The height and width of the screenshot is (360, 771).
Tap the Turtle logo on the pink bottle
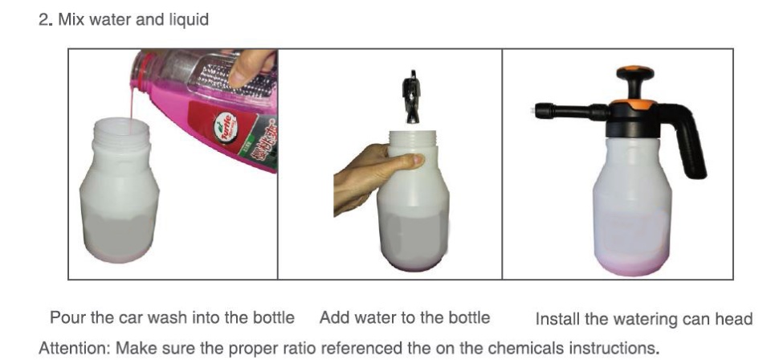coord(226,128)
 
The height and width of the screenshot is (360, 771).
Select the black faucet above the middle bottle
coord(411,97)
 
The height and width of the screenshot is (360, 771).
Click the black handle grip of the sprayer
coord(688,142)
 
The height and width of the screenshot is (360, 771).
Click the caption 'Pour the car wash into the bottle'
coord(172,317)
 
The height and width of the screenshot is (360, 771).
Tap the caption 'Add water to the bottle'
coord(405,317)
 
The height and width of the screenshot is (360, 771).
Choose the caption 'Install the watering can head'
coord(643,319)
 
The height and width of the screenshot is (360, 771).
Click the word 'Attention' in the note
coord(74,348)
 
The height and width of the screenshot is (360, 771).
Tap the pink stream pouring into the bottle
coord(132,104)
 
